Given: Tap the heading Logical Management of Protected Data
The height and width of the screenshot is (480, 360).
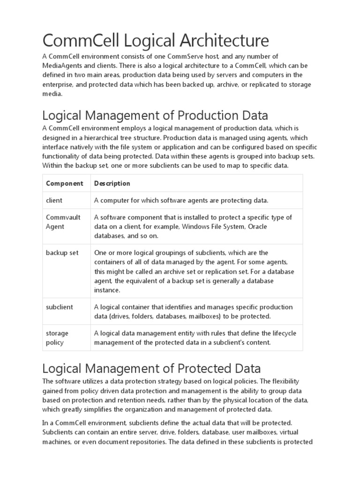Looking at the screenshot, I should coord(151,367).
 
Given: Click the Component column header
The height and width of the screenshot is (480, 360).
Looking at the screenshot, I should coord(65,183).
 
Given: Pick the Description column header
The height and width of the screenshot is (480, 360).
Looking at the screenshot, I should coord(112,183).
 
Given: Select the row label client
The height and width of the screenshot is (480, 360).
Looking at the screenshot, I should coord(54,200).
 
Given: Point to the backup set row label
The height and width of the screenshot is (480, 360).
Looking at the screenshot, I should coord(62,253).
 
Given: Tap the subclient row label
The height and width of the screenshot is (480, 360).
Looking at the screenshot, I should coord(60,307).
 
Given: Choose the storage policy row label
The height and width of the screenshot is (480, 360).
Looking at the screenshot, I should coord(57,337).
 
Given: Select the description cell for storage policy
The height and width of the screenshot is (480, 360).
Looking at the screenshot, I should coord(195,337).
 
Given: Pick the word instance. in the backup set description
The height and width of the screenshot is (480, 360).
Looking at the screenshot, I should coord(107,290).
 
